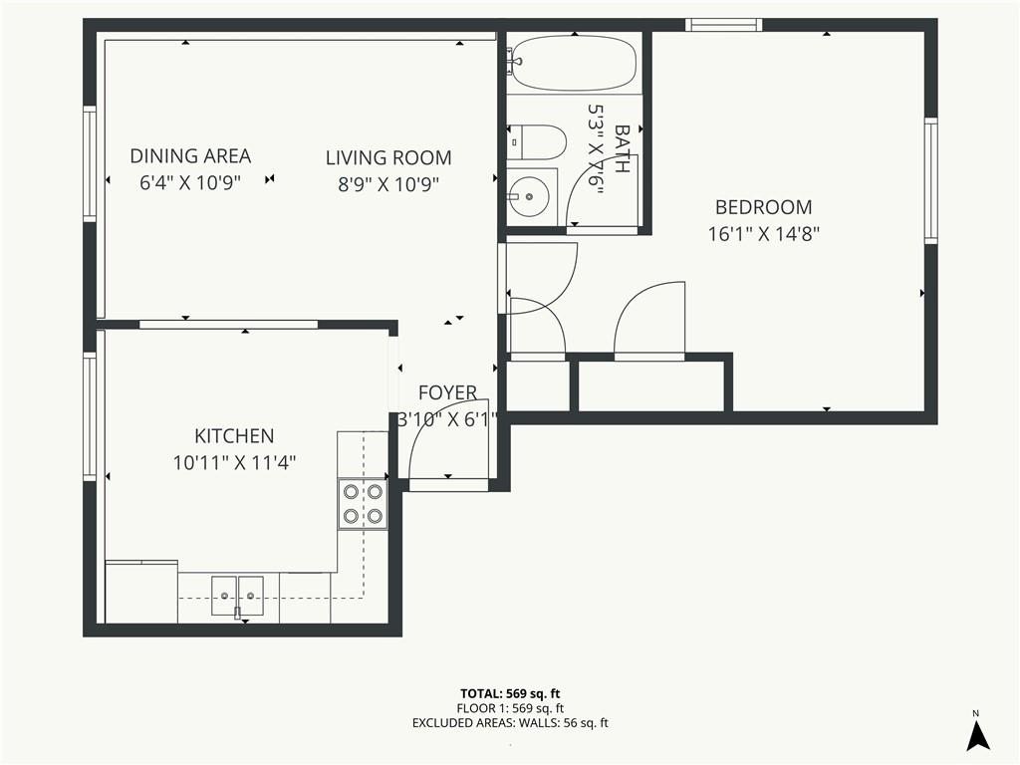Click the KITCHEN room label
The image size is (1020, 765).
234,435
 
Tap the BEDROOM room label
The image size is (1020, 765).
764,207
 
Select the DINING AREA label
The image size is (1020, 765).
190,156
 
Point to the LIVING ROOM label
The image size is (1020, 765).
388,157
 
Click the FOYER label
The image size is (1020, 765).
447,392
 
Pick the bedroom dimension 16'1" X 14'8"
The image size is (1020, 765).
764,233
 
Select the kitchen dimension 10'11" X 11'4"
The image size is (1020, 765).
234,462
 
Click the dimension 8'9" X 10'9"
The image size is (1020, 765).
388,184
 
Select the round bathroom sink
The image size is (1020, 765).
529,196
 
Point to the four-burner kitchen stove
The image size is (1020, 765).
363,504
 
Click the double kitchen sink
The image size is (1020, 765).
237,596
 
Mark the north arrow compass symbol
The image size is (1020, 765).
977,732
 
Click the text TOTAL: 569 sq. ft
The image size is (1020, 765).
510,693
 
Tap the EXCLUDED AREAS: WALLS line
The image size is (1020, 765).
510,723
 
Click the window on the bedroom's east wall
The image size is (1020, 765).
931,180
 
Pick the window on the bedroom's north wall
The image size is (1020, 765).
723,25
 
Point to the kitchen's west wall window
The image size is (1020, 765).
90,416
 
